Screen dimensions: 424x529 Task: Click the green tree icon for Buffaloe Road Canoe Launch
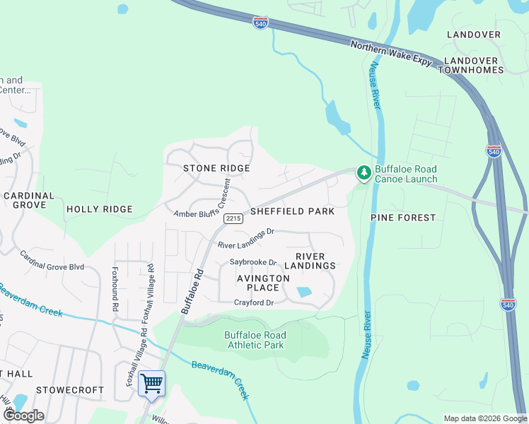pyautogui.click(x=364, y=172)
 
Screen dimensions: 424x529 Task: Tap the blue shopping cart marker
pyautogui.click(x=151, y=384)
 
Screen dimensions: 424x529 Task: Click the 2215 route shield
pyautogui.click(x=233, y=220)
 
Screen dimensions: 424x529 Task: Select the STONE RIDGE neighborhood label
pyautogui.click(x=216, y=168)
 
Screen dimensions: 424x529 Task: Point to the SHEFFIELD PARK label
pyautogui.click(x=291, y=211)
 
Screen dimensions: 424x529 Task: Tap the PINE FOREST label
pyautogui.click(x=403, y=218)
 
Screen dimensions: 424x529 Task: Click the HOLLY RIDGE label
pyautogui.click(x=99, y=209)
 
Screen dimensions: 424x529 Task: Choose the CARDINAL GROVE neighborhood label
pyautogui.click(x=28, y=200)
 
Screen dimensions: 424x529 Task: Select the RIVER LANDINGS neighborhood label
pyautogui.click(x=310, y=261)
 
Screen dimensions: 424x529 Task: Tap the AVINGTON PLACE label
pyautogui.click(x=263, y=283)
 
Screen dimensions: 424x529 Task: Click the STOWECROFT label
pyautogui.click(x=69, y=389)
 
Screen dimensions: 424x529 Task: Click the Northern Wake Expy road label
pyautogui.click(x=391, y=54)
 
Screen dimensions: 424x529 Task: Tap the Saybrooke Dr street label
pyautogui.click(x=252, y=262)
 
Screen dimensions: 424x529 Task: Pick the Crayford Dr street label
pyautogui.click(x=254, y=303)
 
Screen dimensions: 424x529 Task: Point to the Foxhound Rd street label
pyautogui.click(x=114, y=289)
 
